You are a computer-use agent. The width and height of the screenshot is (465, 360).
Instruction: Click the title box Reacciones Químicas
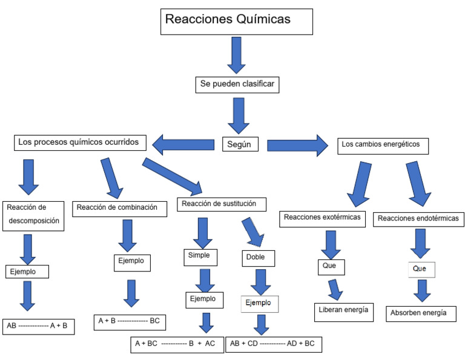point(236,21)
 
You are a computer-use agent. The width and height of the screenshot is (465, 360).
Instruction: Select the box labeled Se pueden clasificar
point(238,85)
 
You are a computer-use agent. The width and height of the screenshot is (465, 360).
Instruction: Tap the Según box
point(240,144)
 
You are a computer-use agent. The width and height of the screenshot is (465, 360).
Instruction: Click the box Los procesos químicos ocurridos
point(81,143)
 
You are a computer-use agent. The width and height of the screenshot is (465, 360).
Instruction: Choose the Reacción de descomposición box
point(33,214)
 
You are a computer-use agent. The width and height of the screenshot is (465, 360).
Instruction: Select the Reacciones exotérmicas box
point(322,218)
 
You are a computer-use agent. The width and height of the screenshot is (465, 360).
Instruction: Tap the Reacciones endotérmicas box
point(417,218)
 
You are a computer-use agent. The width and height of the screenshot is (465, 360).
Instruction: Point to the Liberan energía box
point(343,310)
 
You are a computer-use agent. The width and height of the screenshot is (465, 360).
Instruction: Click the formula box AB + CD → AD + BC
point(273,344)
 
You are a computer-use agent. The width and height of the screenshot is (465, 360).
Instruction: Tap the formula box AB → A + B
point(38,326)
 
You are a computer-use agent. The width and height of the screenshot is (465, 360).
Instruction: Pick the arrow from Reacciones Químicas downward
point(236,54)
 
